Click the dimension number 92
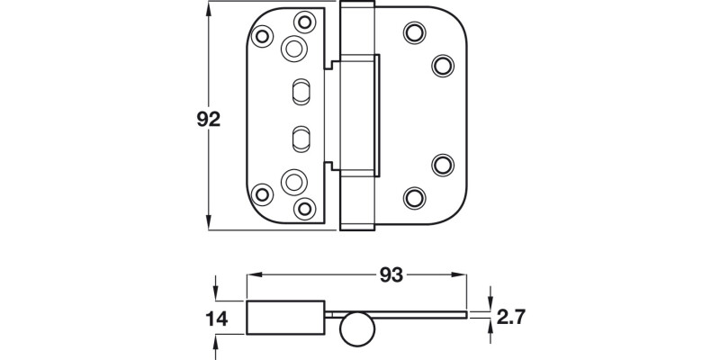coord(208,120)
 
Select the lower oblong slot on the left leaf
coord(300,138)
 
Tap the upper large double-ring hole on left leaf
coord(293,49)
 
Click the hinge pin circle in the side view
coord(355,329)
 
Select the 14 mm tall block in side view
coord(285,317)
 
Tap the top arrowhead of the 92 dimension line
coord(210,7)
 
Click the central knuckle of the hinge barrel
coord(360,115)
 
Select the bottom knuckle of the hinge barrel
coord(356,202)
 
